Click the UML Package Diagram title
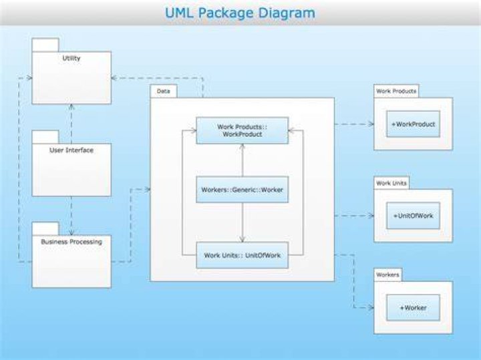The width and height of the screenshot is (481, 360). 240,13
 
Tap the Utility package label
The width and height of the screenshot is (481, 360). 71,58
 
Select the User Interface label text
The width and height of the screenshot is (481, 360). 71,150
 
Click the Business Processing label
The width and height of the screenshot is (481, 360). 71,242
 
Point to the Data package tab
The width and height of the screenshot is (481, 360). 164,92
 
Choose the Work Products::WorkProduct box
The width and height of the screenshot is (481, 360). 243,130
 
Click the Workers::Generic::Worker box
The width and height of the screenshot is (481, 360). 243,190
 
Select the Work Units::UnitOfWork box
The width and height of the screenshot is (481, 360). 243,255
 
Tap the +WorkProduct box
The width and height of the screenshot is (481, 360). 414,124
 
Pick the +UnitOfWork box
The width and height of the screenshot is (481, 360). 414,216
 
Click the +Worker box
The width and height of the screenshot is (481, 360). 414,307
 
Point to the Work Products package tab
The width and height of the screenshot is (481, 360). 396,91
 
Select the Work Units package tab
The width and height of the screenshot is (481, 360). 391,183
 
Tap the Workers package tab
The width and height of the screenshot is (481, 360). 387,275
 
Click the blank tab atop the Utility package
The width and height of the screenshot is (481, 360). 45,45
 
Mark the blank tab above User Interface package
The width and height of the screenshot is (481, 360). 45,137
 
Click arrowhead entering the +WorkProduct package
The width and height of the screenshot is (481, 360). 371,124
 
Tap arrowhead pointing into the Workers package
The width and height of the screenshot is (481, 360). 371,307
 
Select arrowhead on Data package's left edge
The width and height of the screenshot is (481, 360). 148,189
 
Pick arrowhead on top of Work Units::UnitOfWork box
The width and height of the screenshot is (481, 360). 243,239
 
